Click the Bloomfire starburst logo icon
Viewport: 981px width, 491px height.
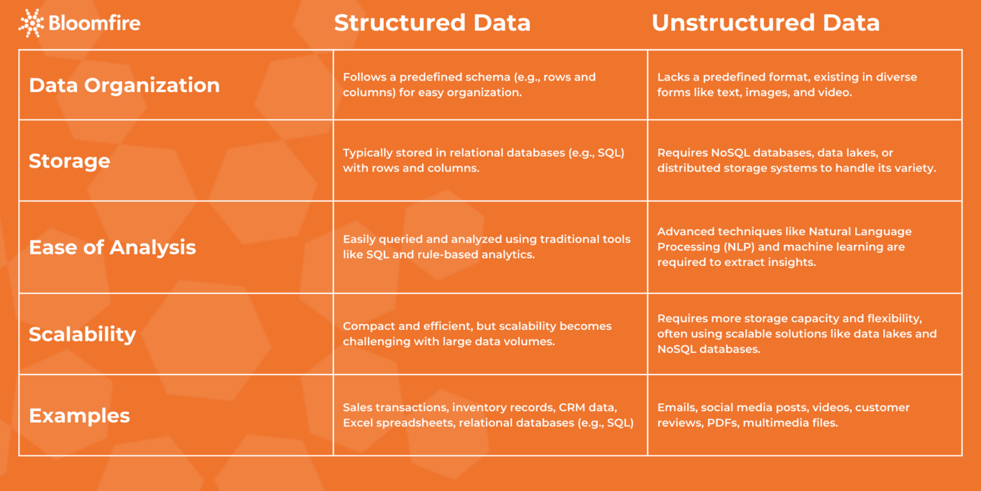tap(31, 23)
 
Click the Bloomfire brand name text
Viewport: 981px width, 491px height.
tap(95, 23)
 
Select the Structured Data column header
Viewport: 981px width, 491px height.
tap(432, 23)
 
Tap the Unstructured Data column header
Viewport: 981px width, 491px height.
tap(766, 23)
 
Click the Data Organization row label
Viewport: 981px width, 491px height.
tap(125, 85)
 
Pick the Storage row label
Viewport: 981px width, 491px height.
tap(70, 161)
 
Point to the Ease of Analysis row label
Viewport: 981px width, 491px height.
tap(112, 247)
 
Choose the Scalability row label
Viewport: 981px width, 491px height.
tap(83, 334)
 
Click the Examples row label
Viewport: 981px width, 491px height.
tap(80, 415)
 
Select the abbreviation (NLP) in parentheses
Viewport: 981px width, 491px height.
tap(739, 247)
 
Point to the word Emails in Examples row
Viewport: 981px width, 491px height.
tap(677, 408)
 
